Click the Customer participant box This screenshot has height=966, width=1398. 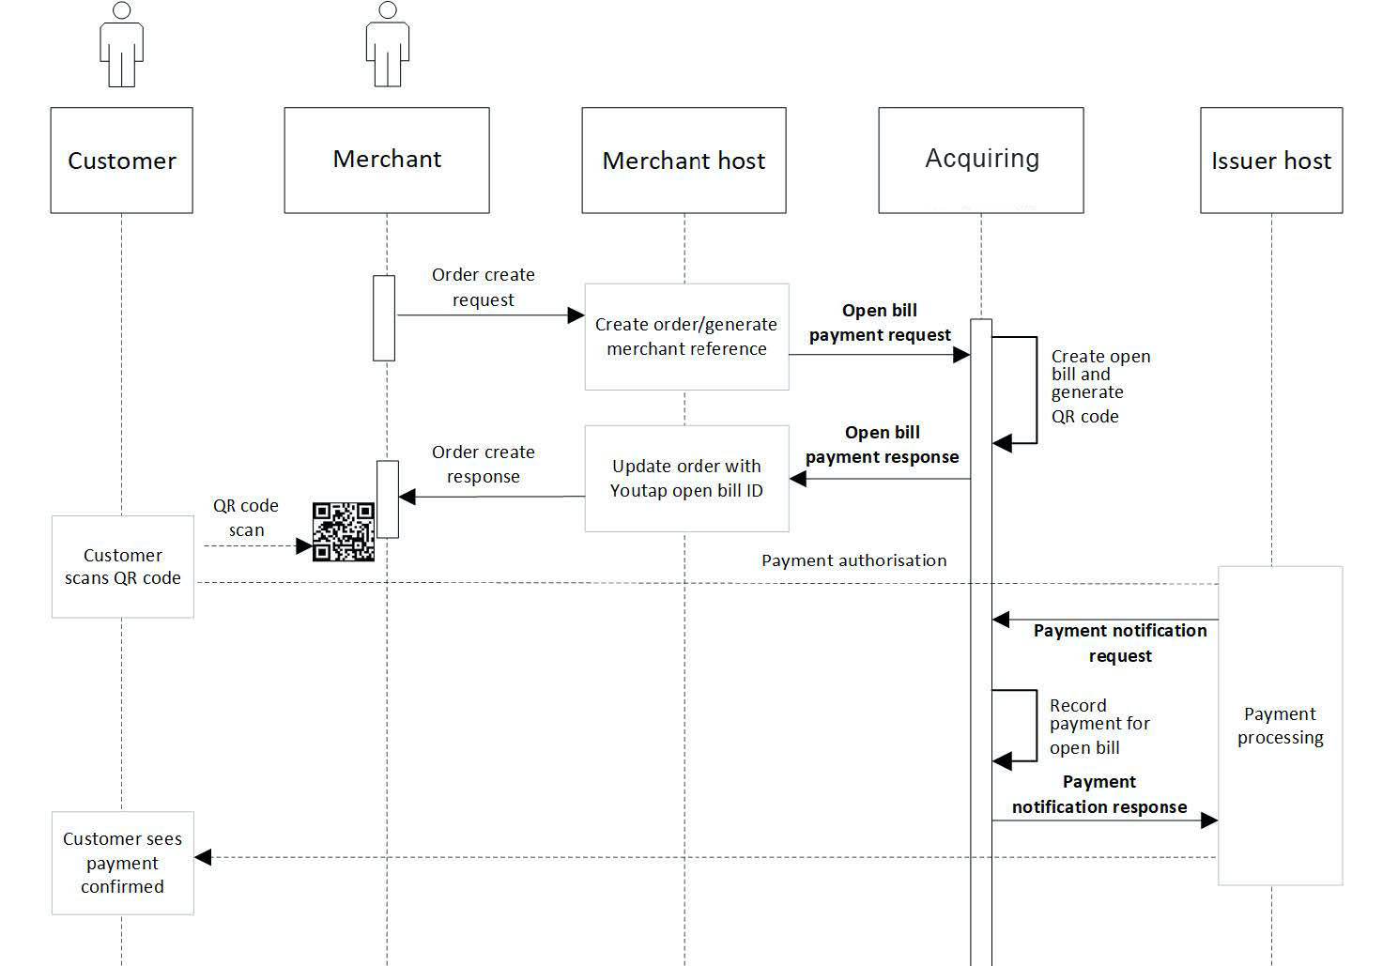(121, 161)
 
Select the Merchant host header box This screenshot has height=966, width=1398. (684, 161)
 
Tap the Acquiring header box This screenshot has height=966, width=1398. (981, 160)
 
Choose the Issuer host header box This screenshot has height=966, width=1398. (1270, 161)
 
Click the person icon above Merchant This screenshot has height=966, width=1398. (387, 45)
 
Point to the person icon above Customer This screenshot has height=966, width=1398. (121, 45)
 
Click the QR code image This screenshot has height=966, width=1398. (344, 532)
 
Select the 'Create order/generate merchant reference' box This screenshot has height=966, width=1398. (686, 336)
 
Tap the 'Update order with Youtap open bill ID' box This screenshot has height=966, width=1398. (686, 479)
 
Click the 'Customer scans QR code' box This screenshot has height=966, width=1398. (122, 566)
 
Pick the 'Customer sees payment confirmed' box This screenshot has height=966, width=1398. (122, 863)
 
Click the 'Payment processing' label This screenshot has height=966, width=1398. (1280, 726)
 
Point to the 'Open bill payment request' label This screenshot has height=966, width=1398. (880, 323)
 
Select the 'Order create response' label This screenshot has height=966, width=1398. (483, 464)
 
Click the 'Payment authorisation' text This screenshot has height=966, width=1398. (853, 560)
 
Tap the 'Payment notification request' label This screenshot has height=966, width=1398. (1120, 643)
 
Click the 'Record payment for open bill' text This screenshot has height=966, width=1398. (1098, 727)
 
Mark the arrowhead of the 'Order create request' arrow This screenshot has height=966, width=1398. (576, 315)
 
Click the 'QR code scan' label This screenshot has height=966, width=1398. (246, 517)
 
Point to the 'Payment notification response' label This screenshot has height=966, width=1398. (1099, 794)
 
